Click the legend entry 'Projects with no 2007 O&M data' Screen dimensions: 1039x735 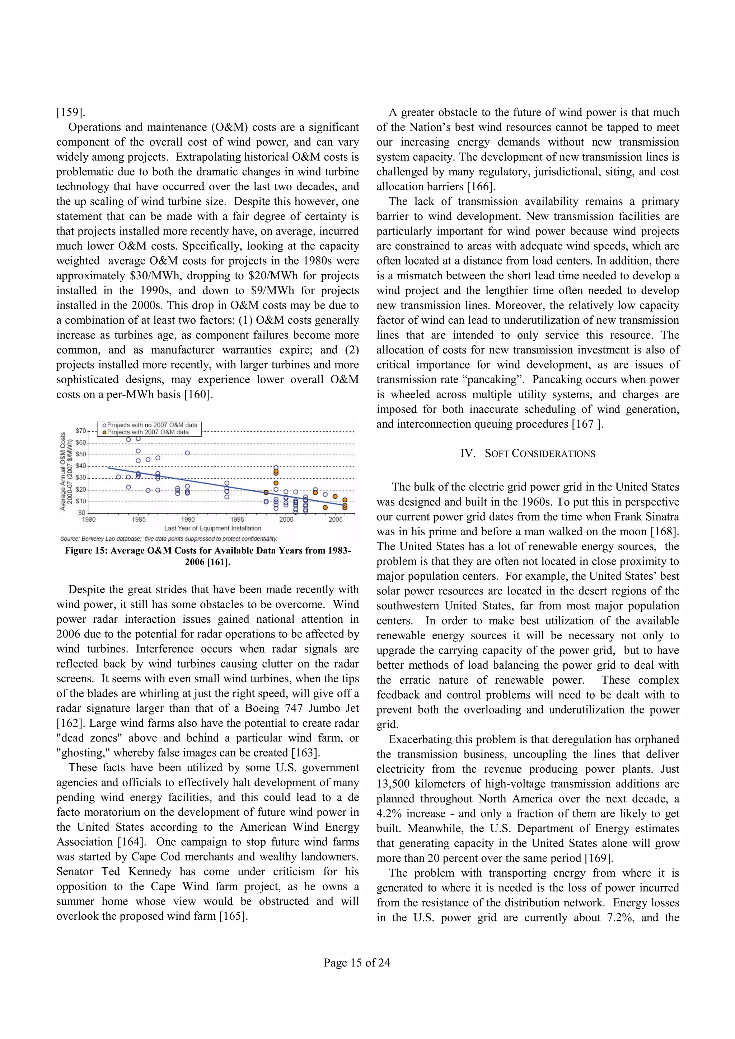[152, 425]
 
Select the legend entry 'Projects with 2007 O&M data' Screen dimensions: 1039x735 [147, 432]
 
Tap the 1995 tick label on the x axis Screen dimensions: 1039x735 [237, 519]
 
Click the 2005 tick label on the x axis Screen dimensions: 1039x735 [335, 519]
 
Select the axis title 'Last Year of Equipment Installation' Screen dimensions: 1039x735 [212, 528]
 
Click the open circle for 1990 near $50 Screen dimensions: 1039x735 [187, 453]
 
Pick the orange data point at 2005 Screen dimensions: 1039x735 [335, 497]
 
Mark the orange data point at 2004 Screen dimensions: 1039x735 [325, 507]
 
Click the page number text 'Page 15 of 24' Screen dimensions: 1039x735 [356, 963]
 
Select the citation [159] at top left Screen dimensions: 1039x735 [71, 112]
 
